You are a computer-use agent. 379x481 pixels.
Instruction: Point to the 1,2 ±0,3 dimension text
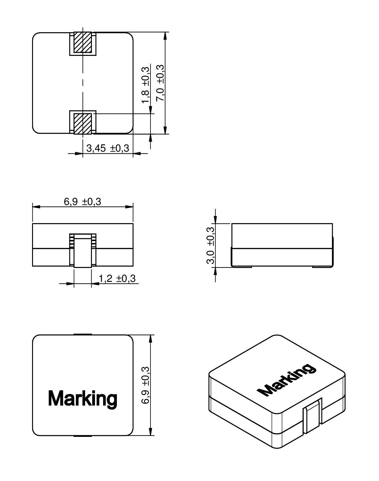pyautogui.click(x=117, y=279)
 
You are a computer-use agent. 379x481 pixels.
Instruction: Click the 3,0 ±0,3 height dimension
pyautogui.click(x=210, y=245)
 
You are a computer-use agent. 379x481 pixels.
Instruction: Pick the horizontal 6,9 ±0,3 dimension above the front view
pyautogui.click(x=82, y=202)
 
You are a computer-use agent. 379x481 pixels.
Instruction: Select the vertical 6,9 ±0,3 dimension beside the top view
pyautogui.click(x=145, y=385)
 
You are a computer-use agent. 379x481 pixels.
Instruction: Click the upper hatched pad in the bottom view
pyautogui.click(x=83, y=42)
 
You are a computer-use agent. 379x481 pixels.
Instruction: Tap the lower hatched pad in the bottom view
pyautogui.click(x=83, y=123)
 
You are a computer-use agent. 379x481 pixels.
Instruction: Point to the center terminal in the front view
pyautogui.click(x=83, y=252)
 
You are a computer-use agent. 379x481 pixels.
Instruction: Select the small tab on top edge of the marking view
pyautogui.click(x=83, y=334)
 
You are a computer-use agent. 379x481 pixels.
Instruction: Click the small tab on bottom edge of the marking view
pyautogui.click(x=83, y=436)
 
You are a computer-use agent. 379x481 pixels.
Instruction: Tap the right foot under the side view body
pyautogui.click(x=322, y=267)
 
